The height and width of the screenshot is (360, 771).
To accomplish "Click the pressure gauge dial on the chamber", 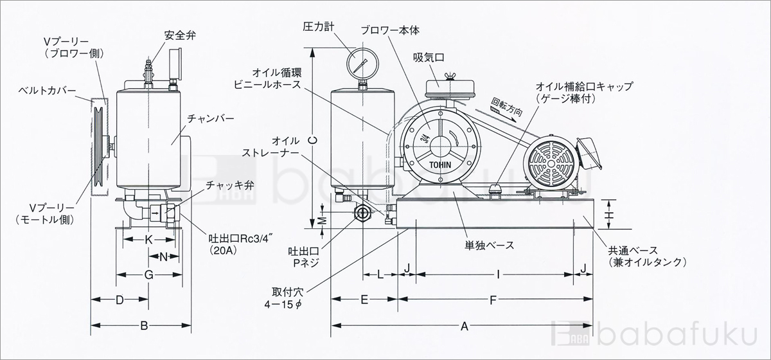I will pos(360,63).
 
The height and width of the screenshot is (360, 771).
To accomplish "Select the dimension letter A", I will pos(464,326).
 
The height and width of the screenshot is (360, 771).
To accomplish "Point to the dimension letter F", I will pos(493,300).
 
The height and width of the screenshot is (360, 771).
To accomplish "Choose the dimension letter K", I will pos(148,239).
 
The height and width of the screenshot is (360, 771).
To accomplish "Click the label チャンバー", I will pos(210,119).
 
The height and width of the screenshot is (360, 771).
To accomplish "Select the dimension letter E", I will pos(364,300).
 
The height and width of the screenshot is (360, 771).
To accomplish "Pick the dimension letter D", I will pos(120,300).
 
